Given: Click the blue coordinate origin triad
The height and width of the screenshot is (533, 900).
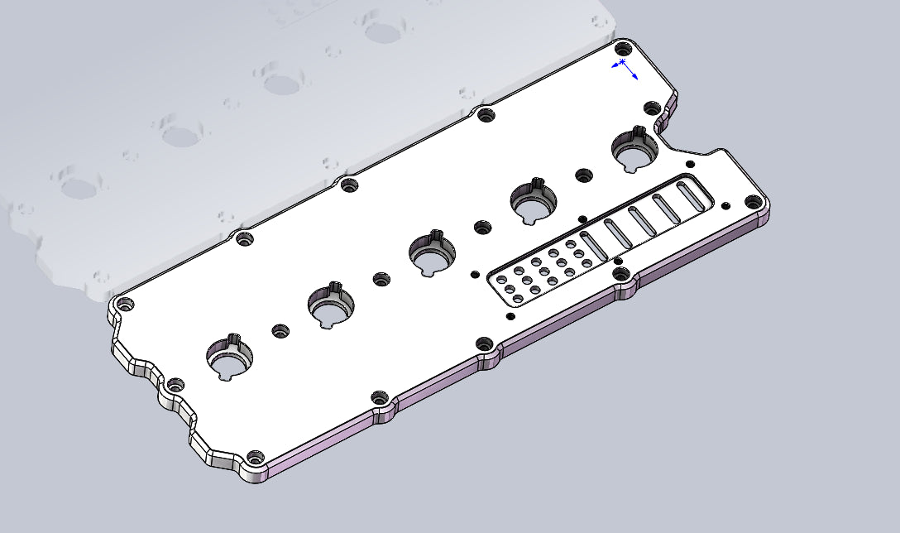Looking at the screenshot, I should [624, 68].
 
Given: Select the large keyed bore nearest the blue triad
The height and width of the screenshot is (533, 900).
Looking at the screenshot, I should [634, 151].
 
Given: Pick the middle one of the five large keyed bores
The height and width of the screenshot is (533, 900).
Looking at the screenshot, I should [432, 255].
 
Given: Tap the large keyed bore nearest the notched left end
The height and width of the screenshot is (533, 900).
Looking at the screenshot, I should [229, 358].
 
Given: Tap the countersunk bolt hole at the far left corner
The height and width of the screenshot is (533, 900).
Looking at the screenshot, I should [126, 305].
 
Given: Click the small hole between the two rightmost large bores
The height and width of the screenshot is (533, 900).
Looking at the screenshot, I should [584, 175].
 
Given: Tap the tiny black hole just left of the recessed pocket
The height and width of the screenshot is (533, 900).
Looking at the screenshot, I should [475, 273].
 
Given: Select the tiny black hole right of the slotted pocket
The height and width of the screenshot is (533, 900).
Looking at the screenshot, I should [726, 204].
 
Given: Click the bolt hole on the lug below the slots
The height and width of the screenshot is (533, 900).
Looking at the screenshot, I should [620, 274].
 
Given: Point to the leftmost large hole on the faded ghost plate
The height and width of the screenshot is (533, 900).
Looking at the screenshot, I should [80, 188].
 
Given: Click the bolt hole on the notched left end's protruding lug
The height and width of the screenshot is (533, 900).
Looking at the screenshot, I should [175, 386].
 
